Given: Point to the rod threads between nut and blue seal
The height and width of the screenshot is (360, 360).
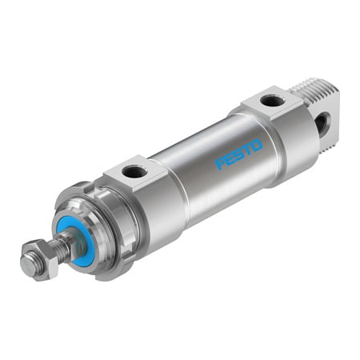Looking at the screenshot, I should tap(59, 243).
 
